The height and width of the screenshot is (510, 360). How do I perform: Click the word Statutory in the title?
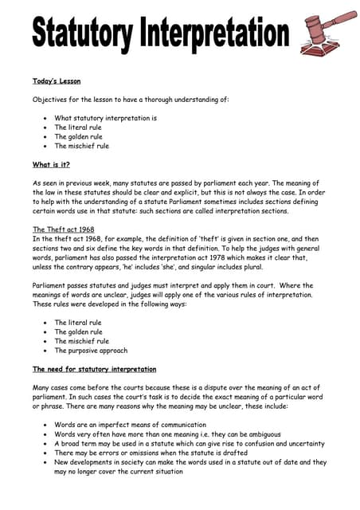point(82,33)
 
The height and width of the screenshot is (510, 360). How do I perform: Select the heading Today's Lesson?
point(56,80)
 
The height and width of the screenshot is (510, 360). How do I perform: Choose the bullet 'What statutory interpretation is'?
point(105,118)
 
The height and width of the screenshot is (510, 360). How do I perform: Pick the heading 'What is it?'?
point(51,165)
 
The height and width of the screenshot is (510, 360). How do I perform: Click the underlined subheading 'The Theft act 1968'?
point(63,229)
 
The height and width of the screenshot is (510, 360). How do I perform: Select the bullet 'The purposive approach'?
point(90,351)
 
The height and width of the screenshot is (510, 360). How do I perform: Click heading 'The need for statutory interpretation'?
point(94,370)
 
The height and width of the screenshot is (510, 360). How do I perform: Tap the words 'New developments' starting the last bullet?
point(81,462)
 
